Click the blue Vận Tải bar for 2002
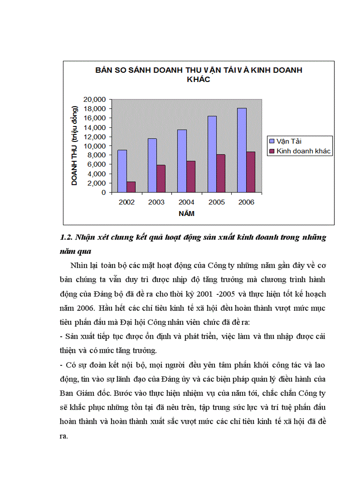pos(122,171)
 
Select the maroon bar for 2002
pos(131,187)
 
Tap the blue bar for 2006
pos(242,150)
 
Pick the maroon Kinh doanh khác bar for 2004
pos(191,177)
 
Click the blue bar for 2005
pos(212,154)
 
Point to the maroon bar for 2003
pos(161,179)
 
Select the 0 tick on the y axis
pos(103,192)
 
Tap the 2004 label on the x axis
pos(186,202)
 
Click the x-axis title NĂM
pos(187,214)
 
